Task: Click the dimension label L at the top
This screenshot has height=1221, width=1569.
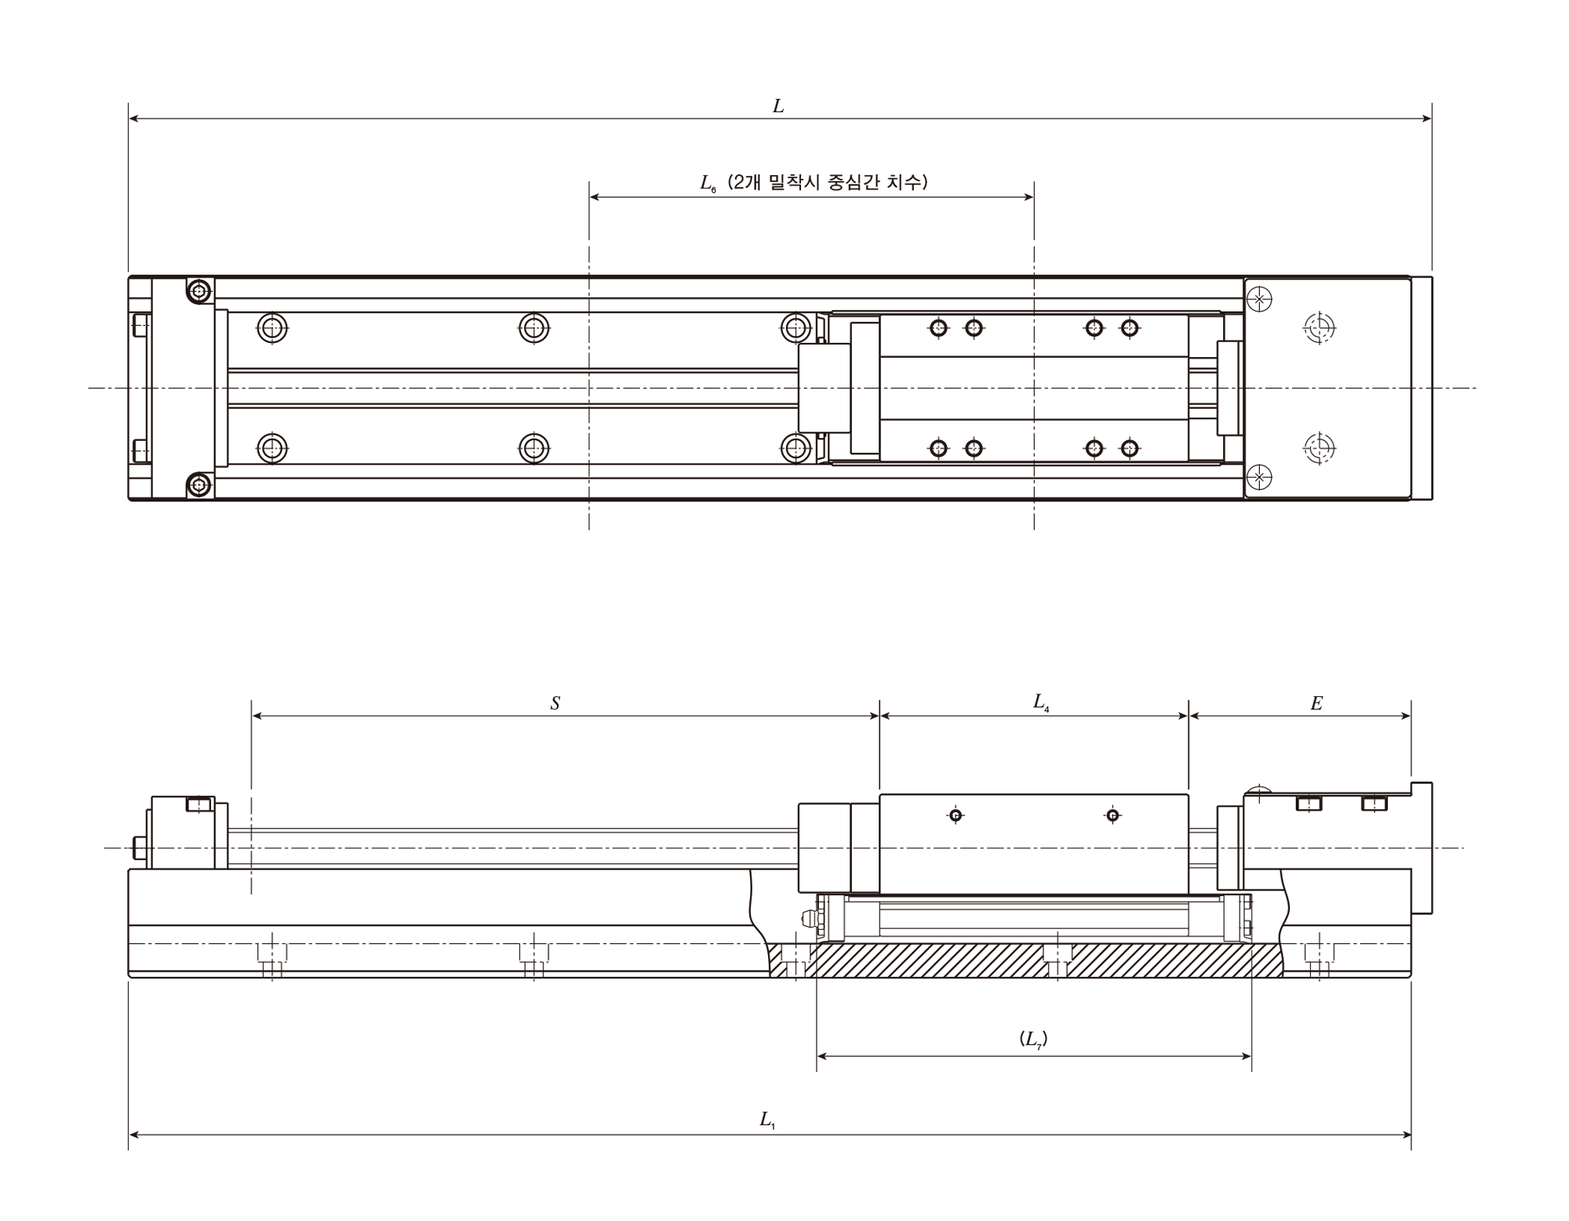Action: click(778, 106)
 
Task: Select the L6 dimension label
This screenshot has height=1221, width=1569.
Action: click(708, 184)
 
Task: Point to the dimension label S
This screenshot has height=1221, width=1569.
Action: click(555, 704)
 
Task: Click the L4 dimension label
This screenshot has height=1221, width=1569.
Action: click(1041, 702)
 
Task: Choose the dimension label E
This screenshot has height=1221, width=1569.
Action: click(1316, 704)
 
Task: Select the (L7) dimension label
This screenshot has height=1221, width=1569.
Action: click(1033, 1040)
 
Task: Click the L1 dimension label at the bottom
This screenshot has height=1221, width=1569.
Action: click(767, 1121)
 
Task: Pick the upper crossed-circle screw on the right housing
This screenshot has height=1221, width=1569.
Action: click(1259, 299)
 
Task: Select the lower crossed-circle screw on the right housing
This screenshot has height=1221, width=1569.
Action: click(1259, 477)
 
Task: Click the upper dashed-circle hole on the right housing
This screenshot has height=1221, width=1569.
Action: click(1320, 327)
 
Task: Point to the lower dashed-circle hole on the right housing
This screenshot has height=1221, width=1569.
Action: click(1320, 448)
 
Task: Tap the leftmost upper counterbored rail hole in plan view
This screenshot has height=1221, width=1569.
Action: click(272, 327)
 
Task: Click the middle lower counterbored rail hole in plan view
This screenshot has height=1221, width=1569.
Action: click(534, 449)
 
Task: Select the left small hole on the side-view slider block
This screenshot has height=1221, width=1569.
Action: click(956, 815)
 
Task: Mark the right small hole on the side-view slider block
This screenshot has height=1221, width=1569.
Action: click(1112, 815)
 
